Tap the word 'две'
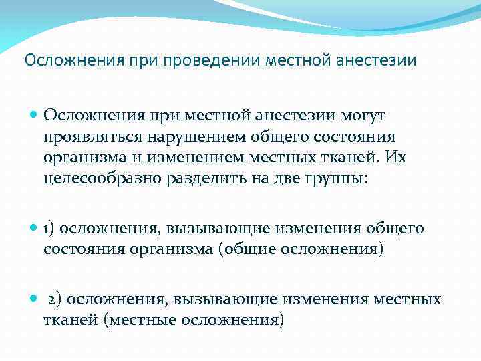point(280,179)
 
